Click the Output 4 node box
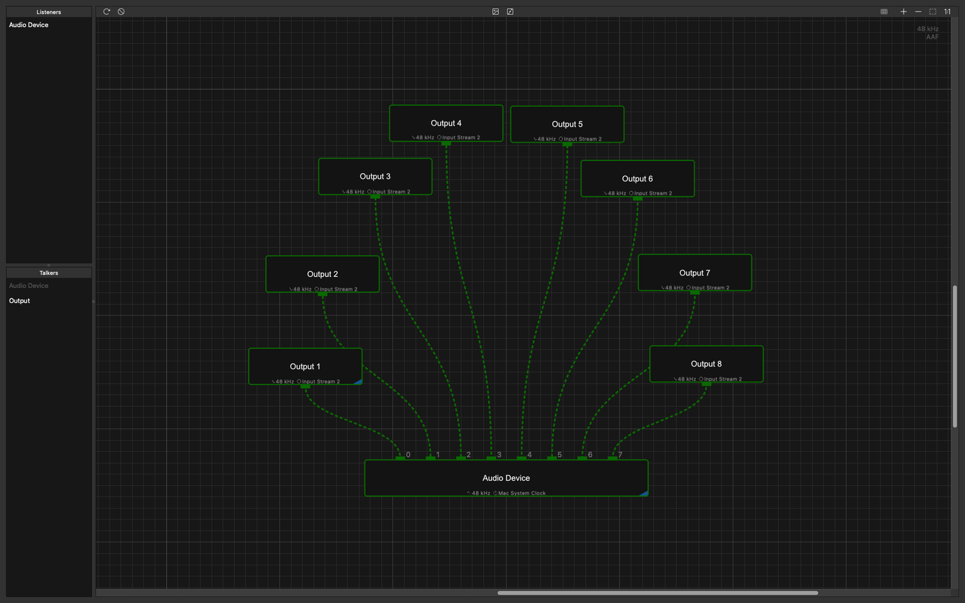[x=446, y=123]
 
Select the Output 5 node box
[x=567, y=124]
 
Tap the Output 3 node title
[x=375, y=177]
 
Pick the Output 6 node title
[x=637, y=179]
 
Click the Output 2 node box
[x=322, y=274]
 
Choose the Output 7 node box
[x=694, y=273]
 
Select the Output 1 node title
[x=304, y=366]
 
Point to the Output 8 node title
[x=706, y=364]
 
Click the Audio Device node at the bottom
[x=506, y=478]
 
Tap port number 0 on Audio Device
[x=408, y=455]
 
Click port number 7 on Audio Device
[x=620, y=455]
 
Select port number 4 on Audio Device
[x=529, y=455]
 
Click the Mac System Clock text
[x=522, y=493]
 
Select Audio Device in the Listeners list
[x=28, y=25]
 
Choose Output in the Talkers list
[x=19, y=301]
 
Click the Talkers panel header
[x=49, y=273]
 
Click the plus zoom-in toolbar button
[x=903, y=12]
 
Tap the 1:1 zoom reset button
[x=948, y=12]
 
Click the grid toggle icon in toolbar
[x=884, y=12]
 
